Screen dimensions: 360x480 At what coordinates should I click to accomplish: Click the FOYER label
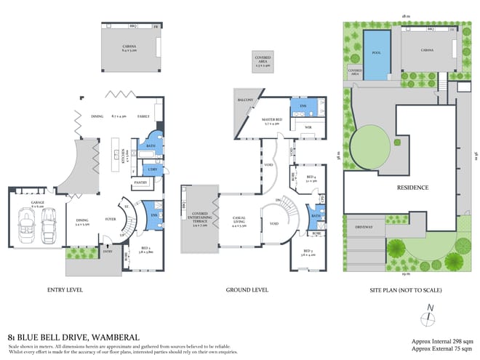click(x=112, y=217)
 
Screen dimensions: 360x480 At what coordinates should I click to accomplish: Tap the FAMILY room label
click(x=143, y=116)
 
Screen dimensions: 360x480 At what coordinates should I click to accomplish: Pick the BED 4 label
click(x=311, y=177)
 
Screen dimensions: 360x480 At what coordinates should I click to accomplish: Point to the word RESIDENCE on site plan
click(x=413, y=188)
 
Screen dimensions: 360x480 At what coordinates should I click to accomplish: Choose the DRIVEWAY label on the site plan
click(x=364, y=226)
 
